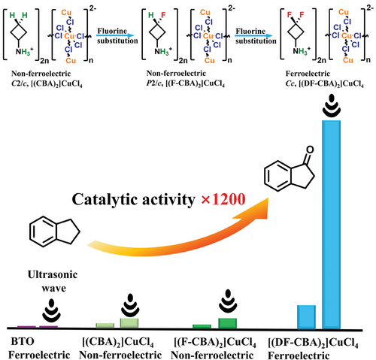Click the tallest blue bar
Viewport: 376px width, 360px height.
click(331, 225)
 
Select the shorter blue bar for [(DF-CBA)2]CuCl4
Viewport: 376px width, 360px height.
click(306, 317)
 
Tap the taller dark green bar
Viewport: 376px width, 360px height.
click(227, 323)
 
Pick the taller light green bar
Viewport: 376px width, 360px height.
click(129, 323)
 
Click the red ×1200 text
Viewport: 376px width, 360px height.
click(223, 199)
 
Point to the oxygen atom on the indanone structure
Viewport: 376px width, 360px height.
click(310, 150)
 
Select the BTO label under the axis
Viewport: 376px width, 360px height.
click(23, 341)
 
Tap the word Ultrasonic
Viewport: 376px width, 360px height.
click(53, 274)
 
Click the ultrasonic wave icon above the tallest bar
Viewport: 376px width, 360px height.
click(332, 105)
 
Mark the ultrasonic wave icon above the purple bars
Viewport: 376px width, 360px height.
click(51, 310)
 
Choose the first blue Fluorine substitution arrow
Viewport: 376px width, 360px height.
click(115, 36)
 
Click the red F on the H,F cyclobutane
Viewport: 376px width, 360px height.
click(163, 15)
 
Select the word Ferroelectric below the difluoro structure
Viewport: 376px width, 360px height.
click(308, 74)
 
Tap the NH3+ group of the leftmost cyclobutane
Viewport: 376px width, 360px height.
click(25, 51)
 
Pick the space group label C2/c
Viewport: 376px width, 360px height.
click(20, 83)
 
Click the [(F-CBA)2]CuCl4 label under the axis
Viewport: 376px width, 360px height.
click(215, 342)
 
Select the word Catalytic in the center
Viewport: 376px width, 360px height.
click(105, 200)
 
